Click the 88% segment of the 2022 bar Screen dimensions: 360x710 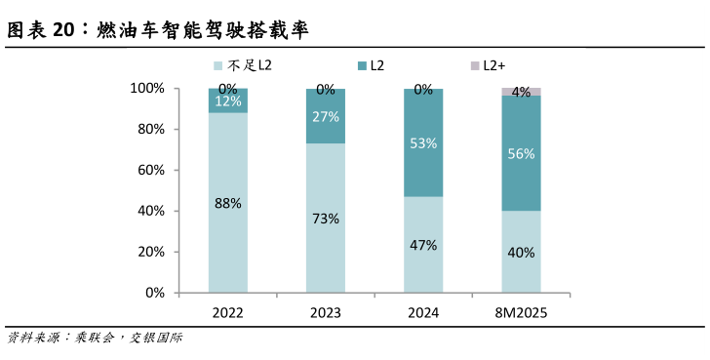227,203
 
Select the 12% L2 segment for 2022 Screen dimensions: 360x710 227,101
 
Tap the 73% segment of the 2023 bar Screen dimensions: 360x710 326,218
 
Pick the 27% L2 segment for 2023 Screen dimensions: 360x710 326,117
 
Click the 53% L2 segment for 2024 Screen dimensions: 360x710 423,143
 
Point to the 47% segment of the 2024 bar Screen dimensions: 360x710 423,244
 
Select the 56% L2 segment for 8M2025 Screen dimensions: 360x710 522,153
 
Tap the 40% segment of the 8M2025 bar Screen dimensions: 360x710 522,252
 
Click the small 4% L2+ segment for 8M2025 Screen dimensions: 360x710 522,92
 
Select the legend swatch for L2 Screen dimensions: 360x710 364,65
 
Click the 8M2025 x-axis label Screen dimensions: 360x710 522,313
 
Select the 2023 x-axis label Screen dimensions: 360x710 326,313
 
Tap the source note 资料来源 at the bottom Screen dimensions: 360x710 94,338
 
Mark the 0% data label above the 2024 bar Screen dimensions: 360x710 423,90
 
